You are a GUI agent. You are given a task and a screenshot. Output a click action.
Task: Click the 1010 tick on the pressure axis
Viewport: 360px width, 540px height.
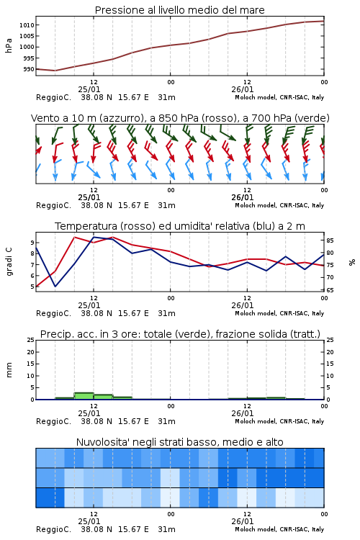[27, 25]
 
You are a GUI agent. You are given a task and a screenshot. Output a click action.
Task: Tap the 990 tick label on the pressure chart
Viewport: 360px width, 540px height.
[29, 69]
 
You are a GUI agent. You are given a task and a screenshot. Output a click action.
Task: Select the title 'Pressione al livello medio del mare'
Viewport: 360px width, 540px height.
[180, 10]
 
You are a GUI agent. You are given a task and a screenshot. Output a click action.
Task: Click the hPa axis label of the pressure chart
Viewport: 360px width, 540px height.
[9, 45]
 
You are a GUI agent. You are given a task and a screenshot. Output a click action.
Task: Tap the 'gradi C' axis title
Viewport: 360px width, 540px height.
[9, 261]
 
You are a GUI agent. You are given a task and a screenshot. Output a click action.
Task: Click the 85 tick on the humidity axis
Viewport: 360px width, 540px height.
[330, 240]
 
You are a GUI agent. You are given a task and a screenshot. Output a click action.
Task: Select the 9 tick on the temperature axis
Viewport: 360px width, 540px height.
[32, 243]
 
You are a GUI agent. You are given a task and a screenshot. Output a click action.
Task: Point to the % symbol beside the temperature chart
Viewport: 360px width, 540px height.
[352, 262]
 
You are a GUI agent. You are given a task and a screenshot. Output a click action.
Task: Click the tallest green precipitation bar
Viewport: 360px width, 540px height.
[84, 396]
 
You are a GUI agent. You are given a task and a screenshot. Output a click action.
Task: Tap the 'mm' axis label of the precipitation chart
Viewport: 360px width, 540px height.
[9, 369]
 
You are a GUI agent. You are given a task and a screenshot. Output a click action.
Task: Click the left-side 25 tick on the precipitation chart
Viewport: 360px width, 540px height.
[31, 340]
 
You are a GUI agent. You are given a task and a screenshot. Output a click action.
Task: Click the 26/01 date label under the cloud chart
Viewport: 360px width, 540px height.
[243, 521]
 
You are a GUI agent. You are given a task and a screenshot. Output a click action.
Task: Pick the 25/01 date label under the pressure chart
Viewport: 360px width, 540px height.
[89, 89]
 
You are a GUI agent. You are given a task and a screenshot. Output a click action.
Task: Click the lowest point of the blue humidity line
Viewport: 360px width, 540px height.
[55, 286]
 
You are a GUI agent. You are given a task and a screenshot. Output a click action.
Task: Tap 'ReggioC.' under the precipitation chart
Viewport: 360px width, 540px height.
[54, 421]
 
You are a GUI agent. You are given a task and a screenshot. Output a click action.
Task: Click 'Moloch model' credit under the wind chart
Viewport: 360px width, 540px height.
[256, 205]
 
